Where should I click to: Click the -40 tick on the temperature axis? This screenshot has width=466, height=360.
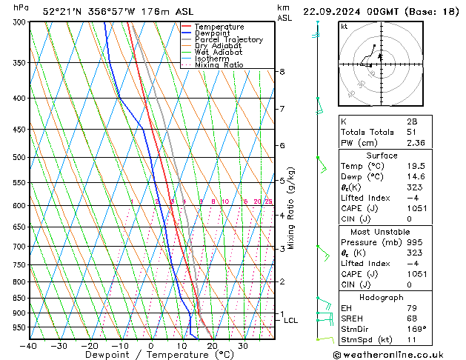(29, 346)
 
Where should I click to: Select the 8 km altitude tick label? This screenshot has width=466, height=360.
(282, 71)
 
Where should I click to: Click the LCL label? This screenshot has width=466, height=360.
(291, 321)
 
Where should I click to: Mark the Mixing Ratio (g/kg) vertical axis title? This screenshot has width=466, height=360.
(292, 208)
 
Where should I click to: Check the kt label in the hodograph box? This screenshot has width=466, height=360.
(344, 26)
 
